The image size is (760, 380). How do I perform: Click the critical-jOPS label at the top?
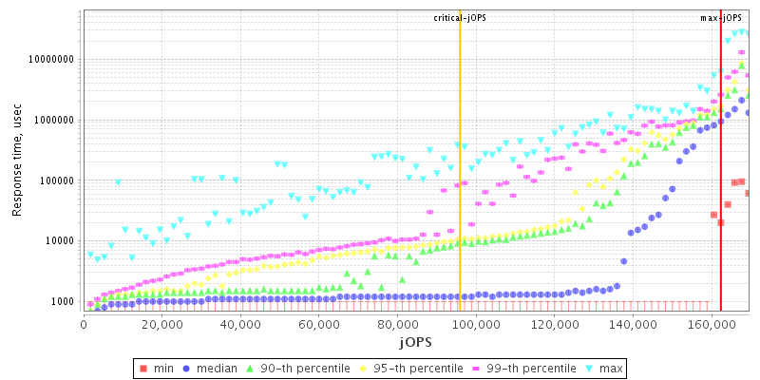(460, 18)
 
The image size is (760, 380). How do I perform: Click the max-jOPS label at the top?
(721, 18)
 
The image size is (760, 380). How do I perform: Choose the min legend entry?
(158, 367)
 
